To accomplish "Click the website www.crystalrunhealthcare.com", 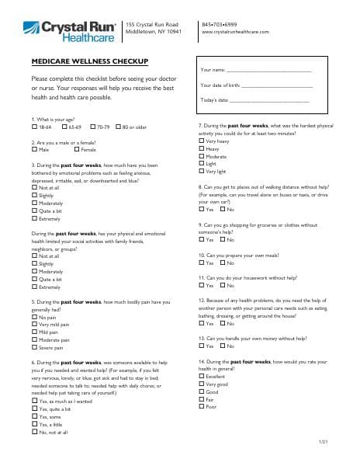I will (x=235, y=33).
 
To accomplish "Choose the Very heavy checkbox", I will (x=202, y=140).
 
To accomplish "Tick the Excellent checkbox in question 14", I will (x=202, y=376).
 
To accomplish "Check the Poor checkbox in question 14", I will (x=202, y=406).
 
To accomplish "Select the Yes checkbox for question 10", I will (x=202, y=263).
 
